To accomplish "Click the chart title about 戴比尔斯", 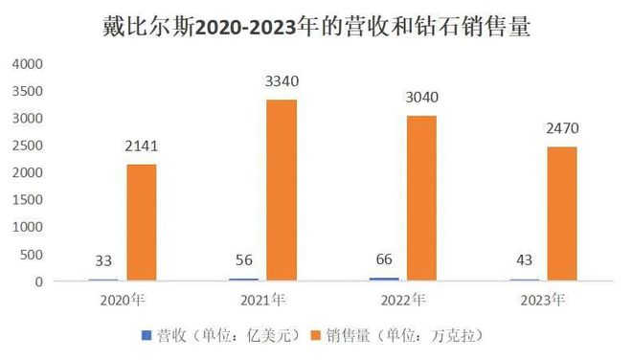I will (316, 26).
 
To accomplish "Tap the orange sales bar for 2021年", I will (281, 191).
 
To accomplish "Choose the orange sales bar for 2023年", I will (561, 214).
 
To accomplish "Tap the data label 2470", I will (561, 128).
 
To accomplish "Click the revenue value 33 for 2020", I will (104, 261).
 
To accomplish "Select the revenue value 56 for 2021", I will (245, 260).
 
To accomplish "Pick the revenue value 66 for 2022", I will (385, 259).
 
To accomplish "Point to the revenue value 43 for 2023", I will (526, 261).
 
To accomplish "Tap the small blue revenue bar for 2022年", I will (385, 280).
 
